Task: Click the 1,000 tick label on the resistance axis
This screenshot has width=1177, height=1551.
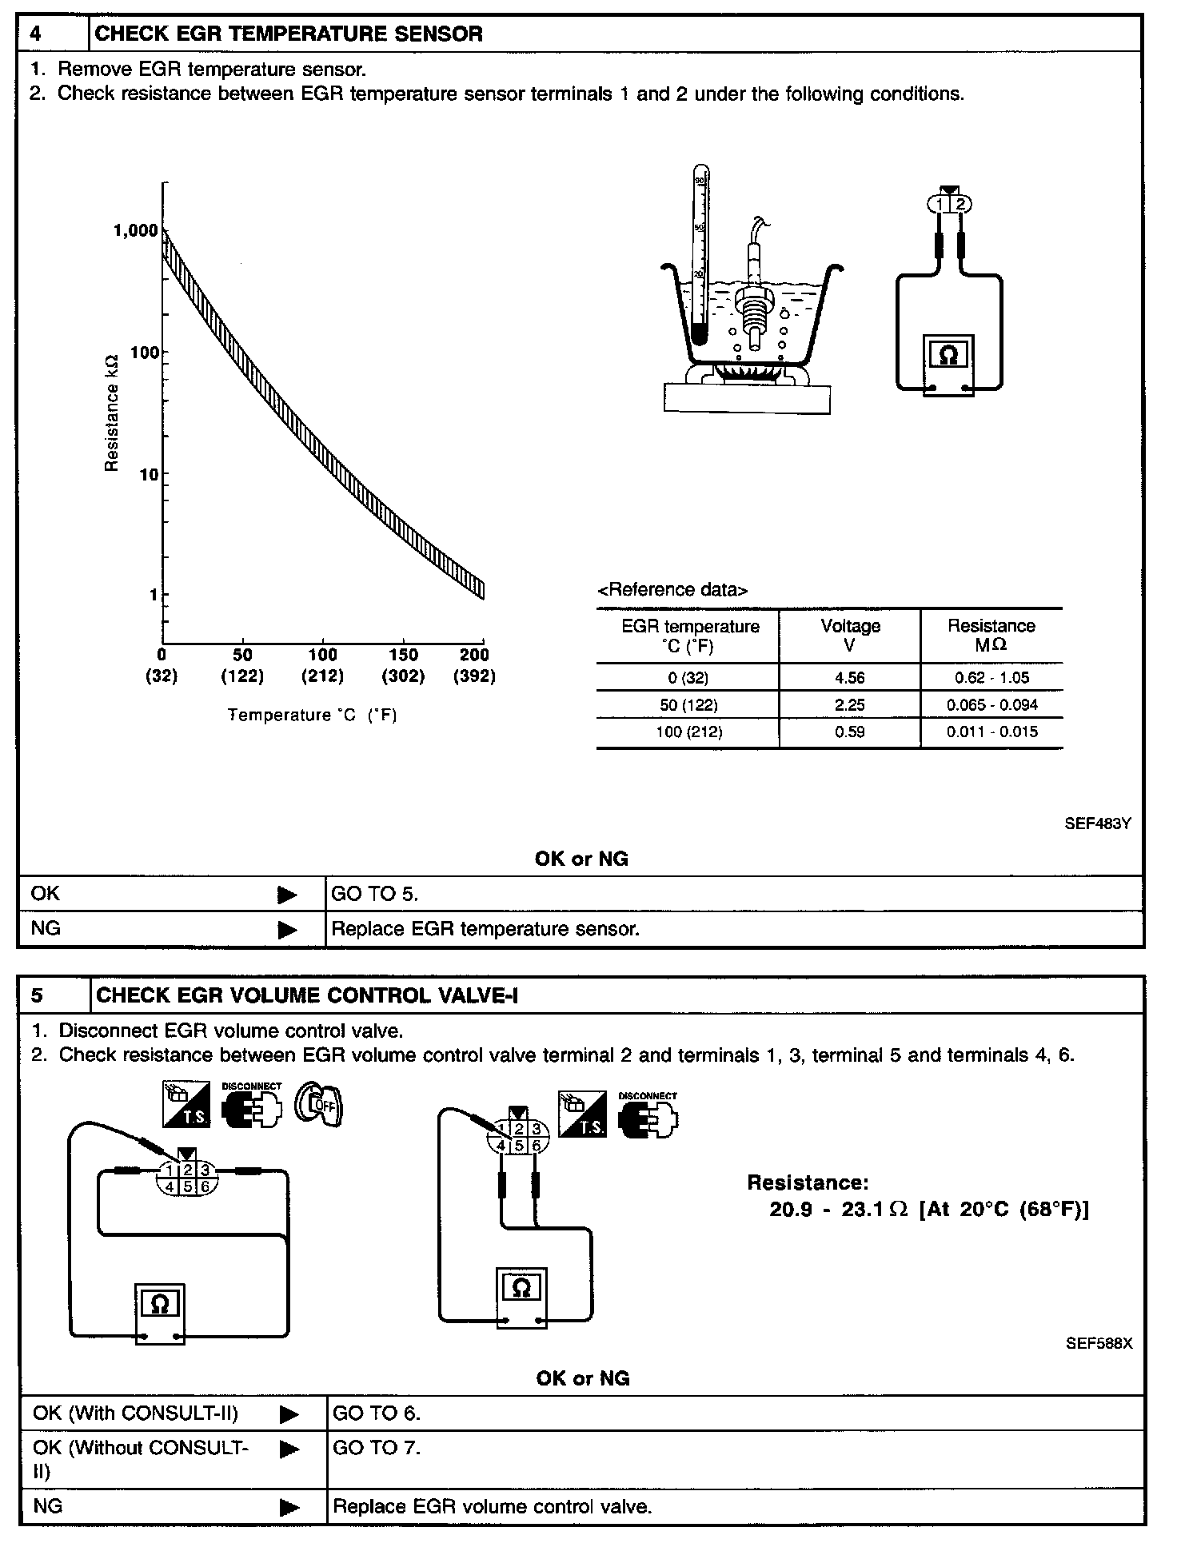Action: pos(135,231)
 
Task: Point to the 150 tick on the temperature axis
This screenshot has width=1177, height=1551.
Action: pos(403,655)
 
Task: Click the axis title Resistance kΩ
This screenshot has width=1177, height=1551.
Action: pos(112,413)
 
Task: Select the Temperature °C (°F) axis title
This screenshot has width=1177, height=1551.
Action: pos(312,715)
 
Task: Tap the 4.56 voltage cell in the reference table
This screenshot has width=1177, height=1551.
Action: pos(849,678)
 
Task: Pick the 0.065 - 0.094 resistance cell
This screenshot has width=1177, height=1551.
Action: pos(991,705)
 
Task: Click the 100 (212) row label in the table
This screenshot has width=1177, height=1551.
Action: pos(688,732)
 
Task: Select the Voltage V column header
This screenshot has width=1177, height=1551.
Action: pos(850,635)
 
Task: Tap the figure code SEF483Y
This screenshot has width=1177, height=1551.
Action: pos(1097,823)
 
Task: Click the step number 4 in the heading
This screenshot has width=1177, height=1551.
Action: pos(36,34)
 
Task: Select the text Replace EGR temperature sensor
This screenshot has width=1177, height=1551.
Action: pos(485,929)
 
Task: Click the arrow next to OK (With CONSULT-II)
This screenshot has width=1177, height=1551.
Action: pos(289,1414)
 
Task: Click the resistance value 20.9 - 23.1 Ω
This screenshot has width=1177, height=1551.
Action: pos(839,1209)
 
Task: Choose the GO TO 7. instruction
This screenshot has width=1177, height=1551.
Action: pos(377,1448)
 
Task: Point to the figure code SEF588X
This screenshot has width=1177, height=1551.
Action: pos(1099,1343)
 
